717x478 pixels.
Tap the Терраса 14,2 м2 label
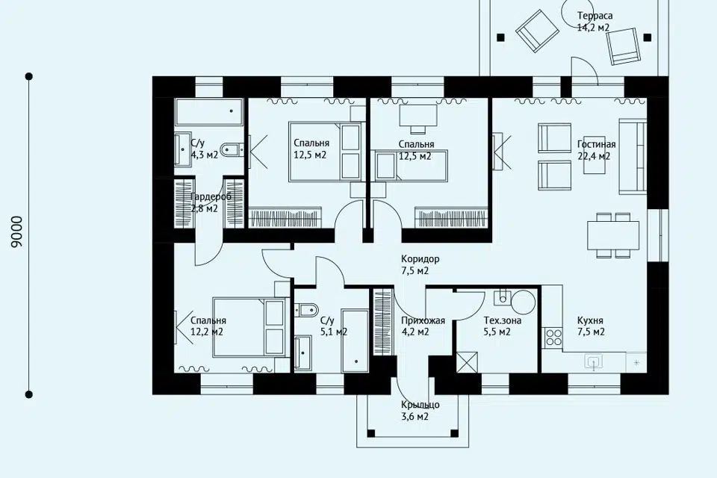594,22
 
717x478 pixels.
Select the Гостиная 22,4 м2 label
596,150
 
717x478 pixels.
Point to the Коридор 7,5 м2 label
420,264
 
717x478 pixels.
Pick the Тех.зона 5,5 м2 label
502,326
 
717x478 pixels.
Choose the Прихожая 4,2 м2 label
423,326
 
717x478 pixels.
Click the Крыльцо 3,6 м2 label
420,410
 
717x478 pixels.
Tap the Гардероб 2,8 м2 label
211,202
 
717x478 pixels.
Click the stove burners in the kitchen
553,338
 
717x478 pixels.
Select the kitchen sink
593,361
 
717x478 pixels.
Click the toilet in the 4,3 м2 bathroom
231,149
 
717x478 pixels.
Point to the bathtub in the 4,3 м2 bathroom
209,111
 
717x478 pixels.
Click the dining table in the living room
613,235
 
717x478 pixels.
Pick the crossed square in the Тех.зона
467,362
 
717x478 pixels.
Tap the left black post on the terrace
501,37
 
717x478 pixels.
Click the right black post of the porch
454,433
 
